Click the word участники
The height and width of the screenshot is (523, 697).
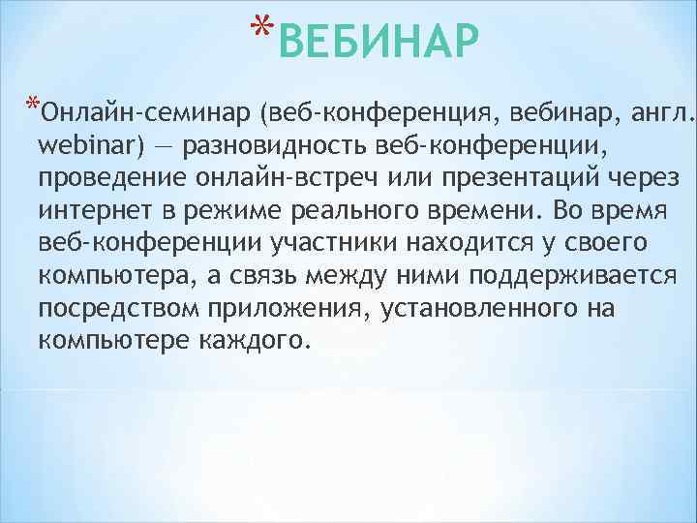294,244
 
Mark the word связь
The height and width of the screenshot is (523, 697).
257,277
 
